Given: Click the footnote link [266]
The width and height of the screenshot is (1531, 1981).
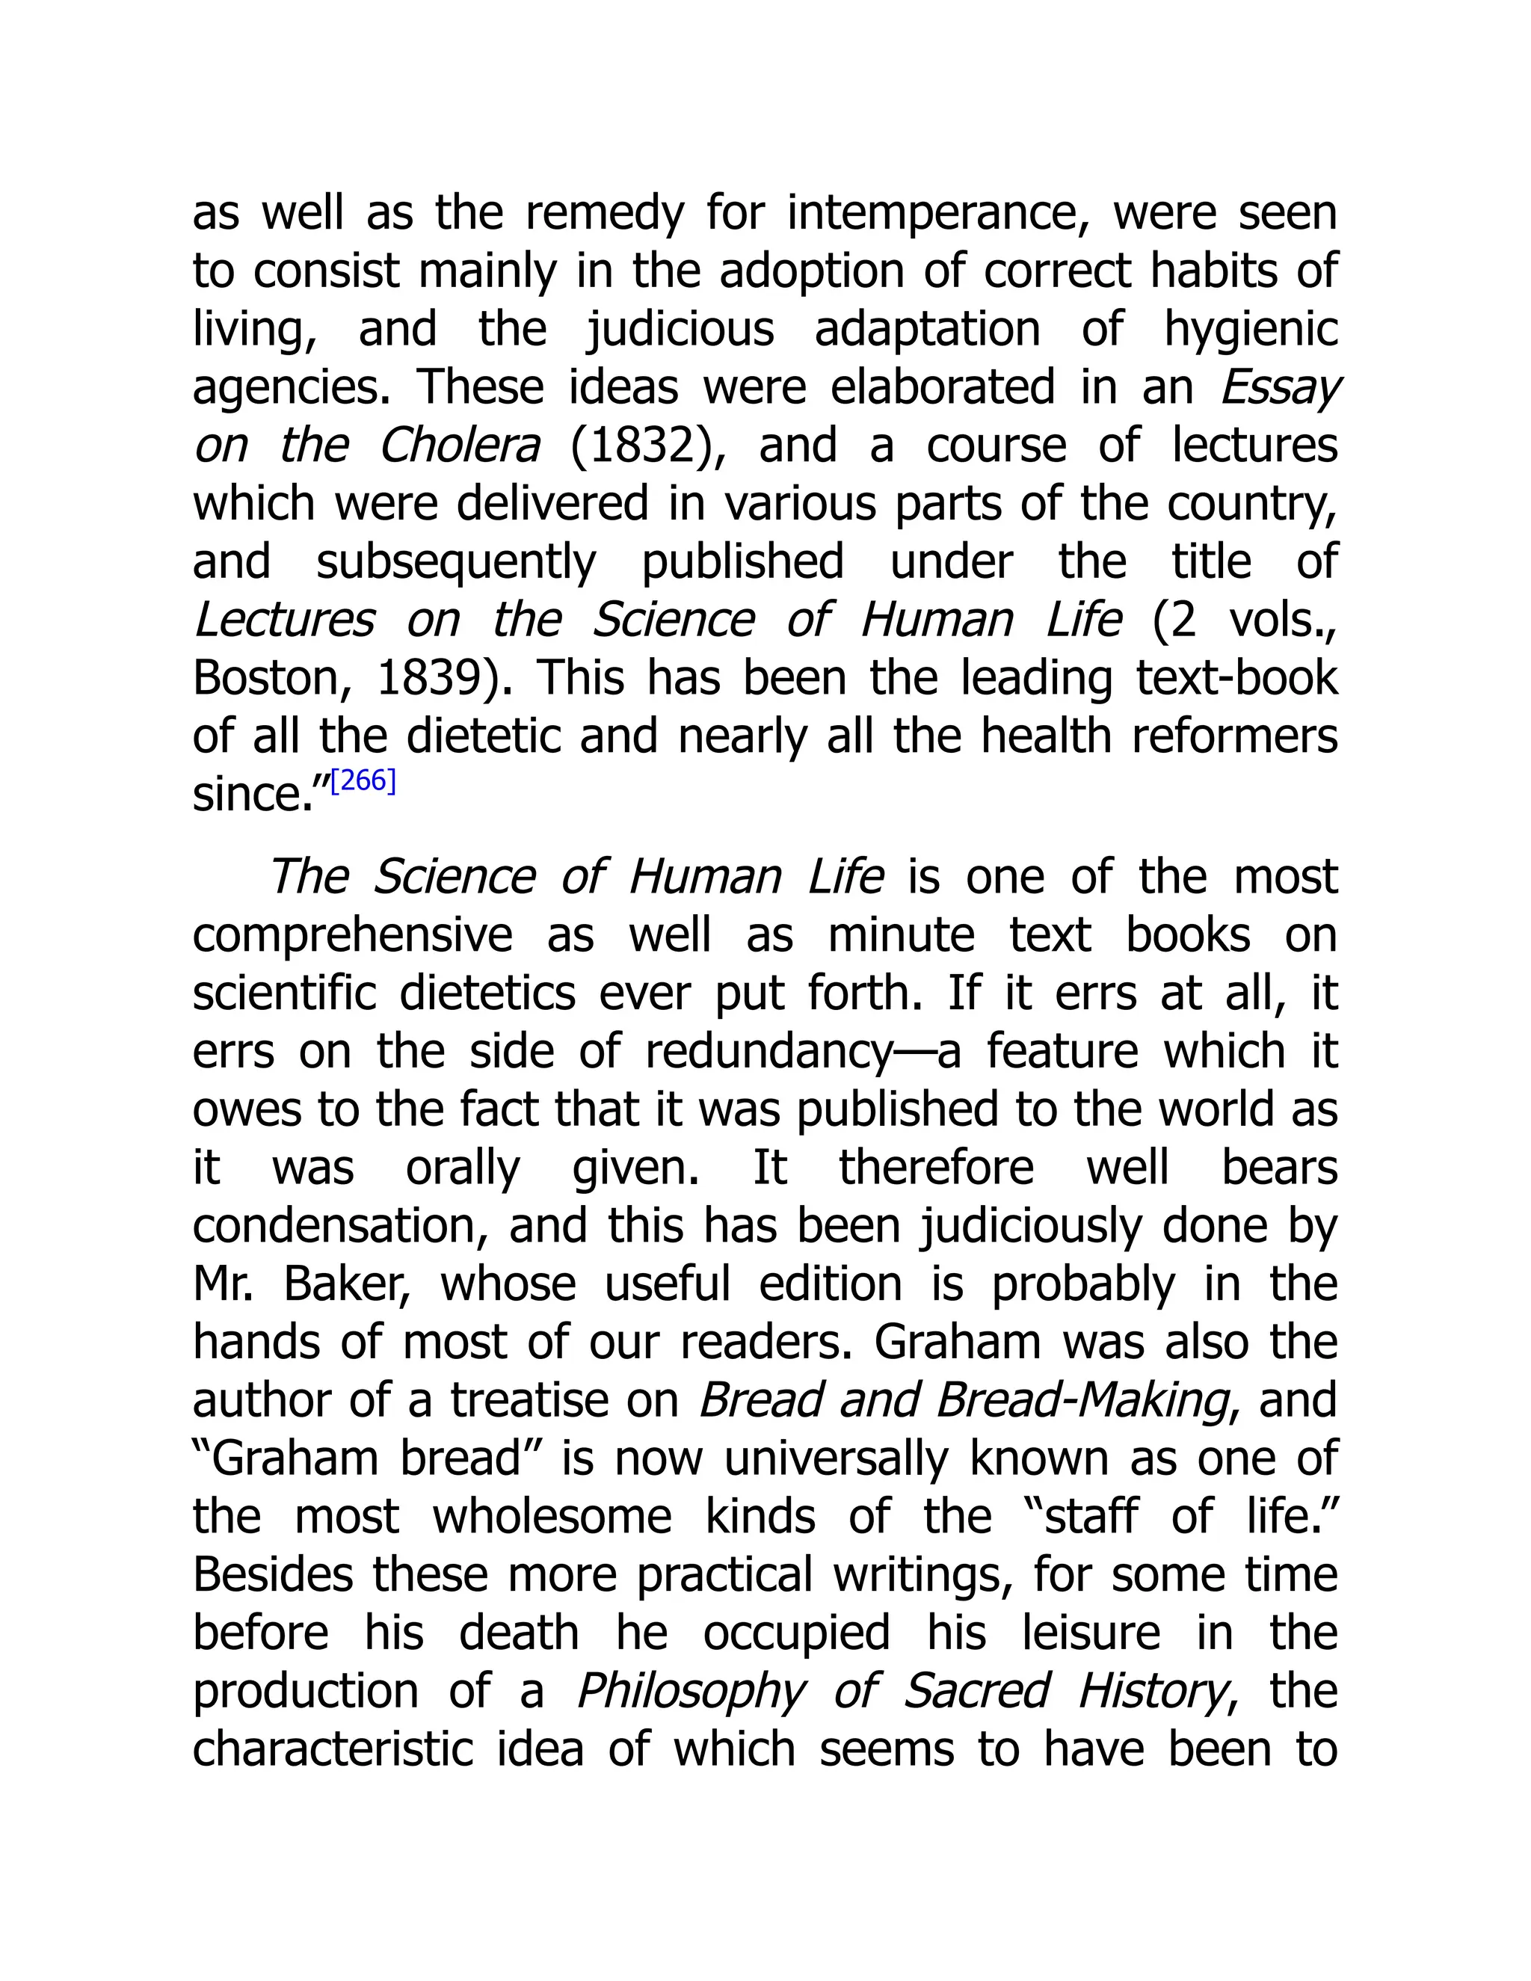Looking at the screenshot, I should (363, 781).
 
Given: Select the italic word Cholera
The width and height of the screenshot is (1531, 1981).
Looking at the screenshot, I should (460, 446).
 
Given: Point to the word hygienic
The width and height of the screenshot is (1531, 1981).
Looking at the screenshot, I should (1251, 330).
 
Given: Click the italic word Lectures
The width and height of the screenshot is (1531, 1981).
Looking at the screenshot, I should (284, 620).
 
